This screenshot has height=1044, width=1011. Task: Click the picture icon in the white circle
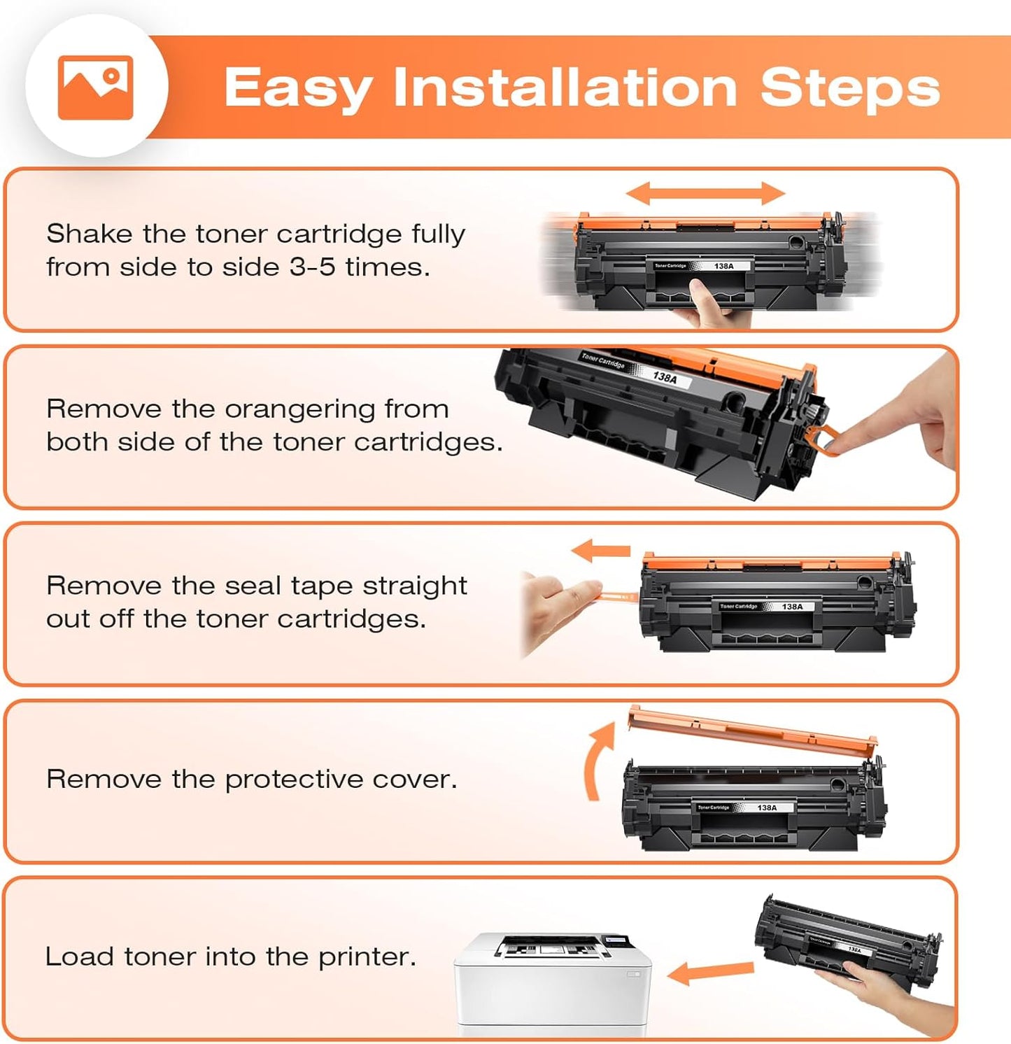click(95, 87)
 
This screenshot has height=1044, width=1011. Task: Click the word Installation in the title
click(565, 88)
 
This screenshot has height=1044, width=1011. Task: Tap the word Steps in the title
click(849, 88)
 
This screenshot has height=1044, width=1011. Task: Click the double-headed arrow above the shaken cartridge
click(705, 193)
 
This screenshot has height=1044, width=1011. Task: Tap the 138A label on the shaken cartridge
click(723, 266)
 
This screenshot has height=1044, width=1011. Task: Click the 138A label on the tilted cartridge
click(665, 377)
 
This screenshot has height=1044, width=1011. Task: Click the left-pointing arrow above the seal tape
click(601, 551)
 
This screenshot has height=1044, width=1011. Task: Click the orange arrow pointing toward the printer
click(710, 972)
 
